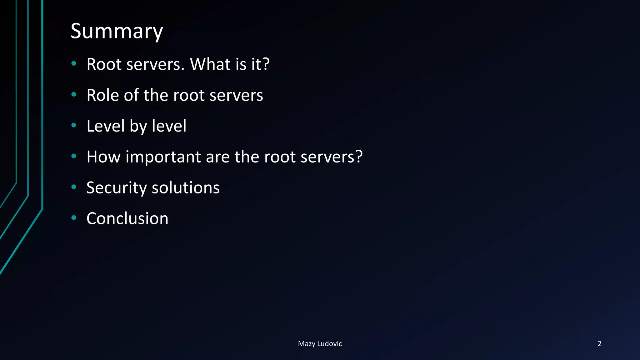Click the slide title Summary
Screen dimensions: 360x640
coord(117,31)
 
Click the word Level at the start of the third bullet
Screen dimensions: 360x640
coord(105,126)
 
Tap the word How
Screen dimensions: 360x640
coord(103,157)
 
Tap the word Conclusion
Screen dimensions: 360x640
coord(127,218)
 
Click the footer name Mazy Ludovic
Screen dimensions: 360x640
coord(320,344)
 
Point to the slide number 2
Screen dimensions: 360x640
coord(599,344)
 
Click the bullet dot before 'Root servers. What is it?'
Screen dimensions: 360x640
coord(74,64)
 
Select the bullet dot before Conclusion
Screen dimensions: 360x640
coord(74,218)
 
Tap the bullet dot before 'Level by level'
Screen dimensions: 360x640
coord(74,125)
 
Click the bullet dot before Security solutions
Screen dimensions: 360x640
coord(74,187)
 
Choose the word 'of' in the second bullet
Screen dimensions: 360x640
coord(131,95)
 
